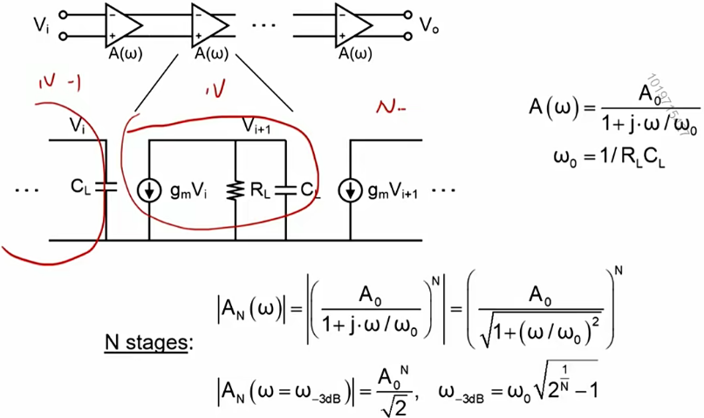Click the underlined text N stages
(146, 342)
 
